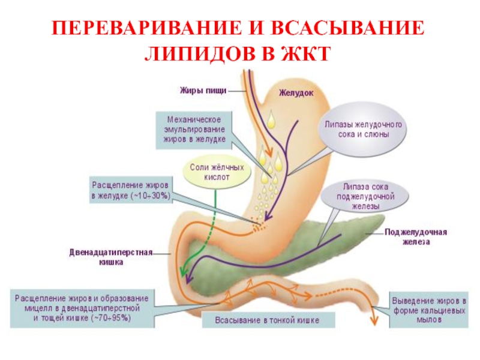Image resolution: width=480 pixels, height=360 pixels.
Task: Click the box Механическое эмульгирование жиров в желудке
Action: coord(194,129)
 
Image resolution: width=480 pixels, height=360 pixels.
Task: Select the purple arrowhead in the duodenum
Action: coord(190,279)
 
